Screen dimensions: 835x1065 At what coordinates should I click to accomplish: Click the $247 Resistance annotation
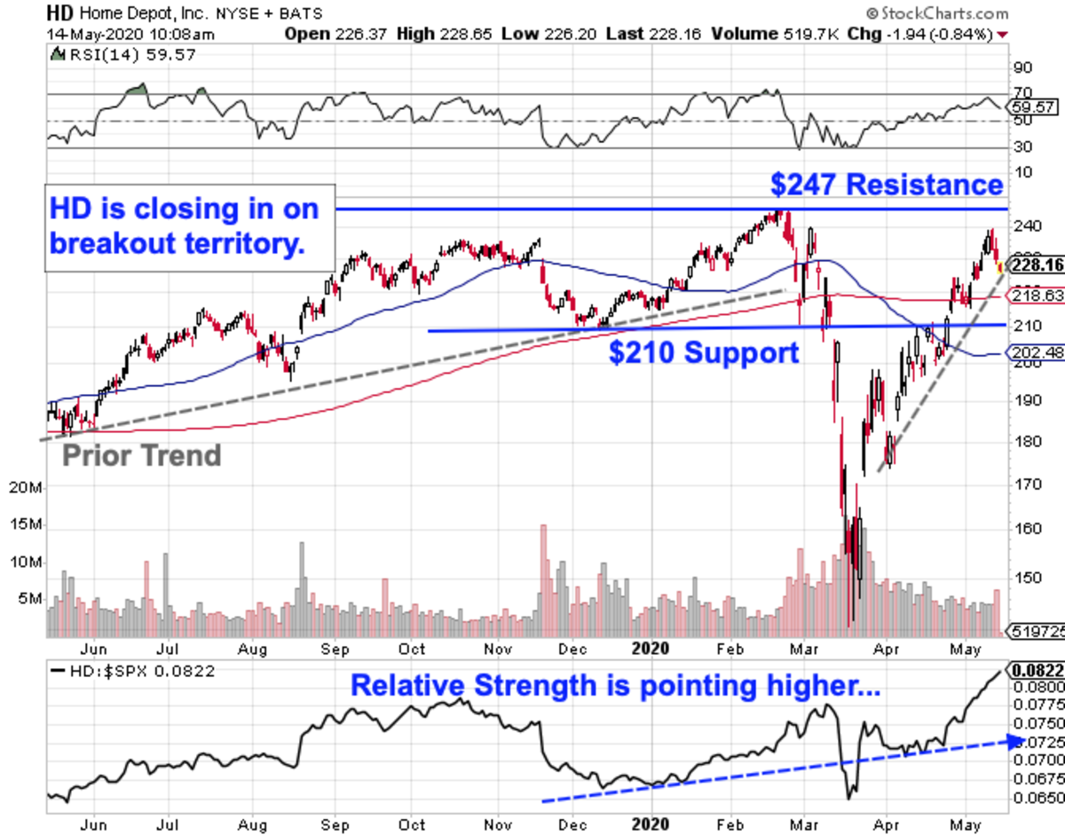[x=887, y=185]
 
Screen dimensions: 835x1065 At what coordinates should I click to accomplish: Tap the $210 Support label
[x=704, y=352]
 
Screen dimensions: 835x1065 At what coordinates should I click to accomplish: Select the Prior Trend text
[x=141, y=456]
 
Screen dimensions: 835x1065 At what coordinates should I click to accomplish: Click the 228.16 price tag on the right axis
[x=1034, y=264]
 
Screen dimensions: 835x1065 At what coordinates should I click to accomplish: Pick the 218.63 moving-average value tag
[x=1034, y=295]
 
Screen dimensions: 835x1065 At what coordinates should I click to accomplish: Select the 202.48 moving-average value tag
[x=1034, y=352]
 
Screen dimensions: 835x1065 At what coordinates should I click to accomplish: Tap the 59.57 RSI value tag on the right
[x=1034, y=106]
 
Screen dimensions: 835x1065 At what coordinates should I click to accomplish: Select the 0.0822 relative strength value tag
[x=1034, y=670]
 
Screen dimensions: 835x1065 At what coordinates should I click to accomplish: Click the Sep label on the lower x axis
[x=335, y=823]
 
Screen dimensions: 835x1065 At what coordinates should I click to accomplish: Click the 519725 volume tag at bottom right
[x=1034, y=631]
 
